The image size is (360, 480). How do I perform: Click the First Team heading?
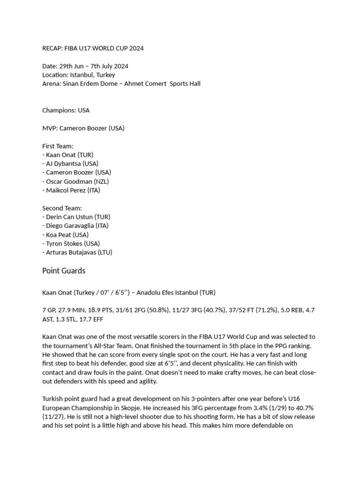[58, 146]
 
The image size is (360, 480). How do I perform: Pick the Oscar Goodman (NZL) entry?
[77, 181]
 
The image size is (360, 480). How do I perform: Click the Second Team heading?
[62, 208]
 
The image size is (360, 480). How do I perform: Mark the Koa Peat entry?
[59, 235]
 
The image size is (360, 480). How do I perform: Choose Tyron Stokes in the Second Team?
[65, 244]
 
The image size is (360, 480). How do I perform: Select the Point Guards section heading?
[64, 271]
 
